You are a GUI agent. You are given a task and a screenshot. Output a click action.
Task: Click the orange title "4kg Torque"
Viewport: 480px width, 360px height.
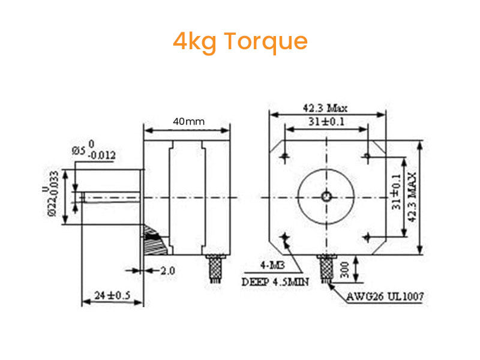tap(240, 41)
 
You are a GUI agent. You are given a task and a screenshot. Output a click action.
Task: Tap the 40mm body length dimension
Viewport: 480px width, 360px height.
tap(188, 121)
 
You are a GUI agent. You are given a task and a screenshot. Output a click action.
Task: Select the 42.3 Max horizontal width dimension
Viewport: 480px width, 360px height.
tap(325, 108)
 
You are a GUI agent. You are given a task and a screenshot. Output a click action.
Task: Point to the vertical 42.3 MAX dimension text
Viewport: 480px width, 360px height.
tap(412, 197)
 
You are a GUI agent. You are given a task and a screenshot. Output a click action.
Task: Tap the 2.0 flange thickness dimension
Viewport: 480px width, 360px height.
tap(167, 271)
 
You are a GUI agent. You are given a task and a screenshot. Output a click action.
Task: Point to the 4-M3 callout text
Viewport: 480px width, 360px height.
tap(271, 265)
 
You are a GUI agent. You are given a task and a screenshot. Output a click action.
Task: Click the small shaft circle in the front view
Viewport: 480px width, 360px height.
tap(326, 196)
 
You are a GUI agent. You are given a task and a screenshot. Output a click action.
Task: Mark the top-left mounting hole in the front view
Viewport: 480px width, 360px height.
tap(284, 157)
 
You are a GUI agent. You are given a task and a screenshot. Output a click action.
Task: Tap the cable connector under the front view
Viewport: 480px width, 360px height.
tap(326, 268)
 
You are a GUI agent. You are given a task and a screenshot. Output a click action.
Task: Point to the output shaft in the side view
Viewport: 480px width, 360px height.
tap(111, 196)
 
